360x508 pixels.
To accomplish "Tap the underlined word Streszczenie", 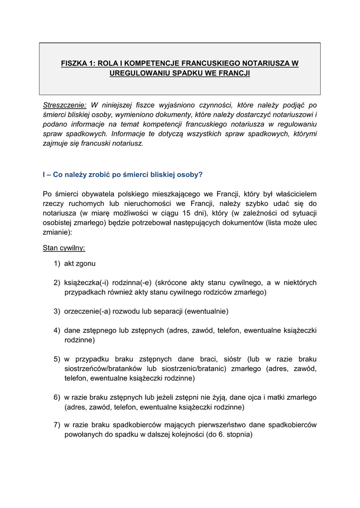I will pyautogui.click(x=65, y=105).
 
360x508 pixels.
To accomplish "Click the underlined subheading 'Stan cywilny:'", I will pyautogui.click(x=64, y=247).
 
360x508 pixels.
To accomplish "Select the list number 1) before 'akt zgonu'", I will pyautogui.click(x=58, y=263).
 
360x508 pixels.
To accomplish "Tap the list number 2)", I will pyautogui.click(x=58, y=283).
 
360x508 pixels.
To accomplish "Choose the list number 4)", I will pyautogui.click(x=58, y=330).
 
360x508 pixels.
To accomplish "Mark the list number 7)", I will pyautogui.click(x=58, y=425).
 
